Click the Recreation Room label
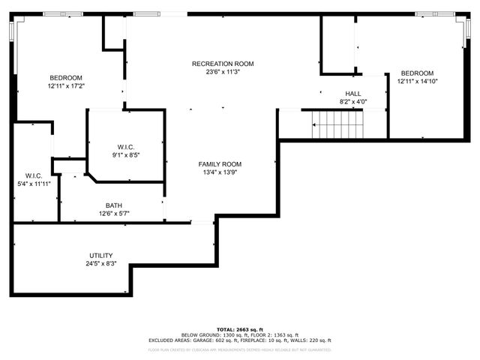click(x=223, y=64)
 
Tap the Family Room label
click(x=220, y=164)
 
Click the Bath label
click(x=114, y=205)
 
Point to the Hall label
click(x=352, y=94)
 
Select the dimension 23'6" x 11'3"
click(x=223, y=73)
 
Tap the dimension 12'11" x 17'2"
click(x=66, y=86)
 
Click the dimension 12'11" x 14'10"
click(x=415, y=81)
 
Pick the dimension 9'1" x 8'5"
click(x=125, y=155)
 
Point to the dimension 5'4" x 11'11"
click(x=33, y=184)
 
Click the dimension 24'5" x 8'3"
click(x=100, y=264)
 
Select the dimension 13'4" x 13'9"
click(x=220, y=172)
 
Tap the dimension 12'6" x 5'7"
click(x=114, y=214)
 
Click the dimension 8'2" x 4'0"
click(x=352, y=102)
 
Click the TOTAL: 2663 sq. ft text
click(x=239, y=329)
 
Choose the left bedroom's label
click(x=66, y=78)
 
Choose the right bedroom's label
click(x=415, y=73)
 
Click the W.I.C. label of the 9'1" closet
click(x=125, y=147)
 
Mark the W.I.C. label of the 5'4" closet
click(x=33, y=175)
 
